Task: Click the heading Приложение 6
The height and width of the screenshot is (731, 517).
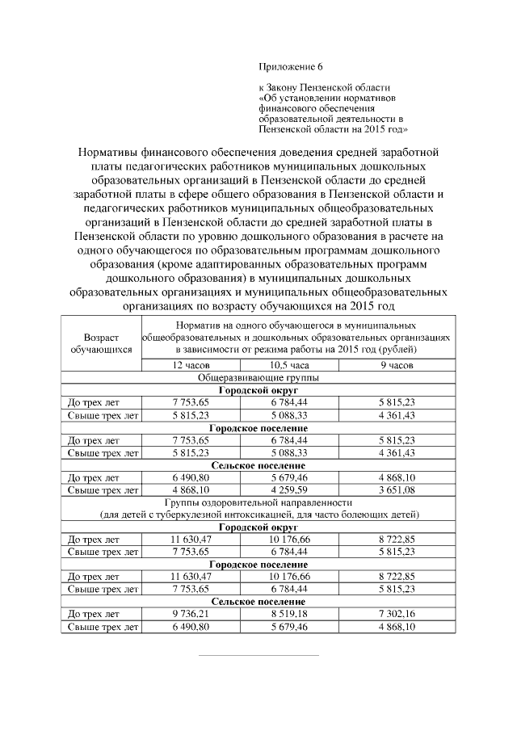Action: click(290, 66)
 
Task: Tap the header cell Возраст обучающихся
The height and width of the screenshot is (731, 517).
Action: click(101, 344)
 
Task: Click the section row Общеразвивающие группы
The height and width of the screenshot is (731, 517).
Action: click(257, 377)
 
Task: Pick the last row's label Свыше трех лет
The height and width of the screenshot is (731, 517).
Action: click(102, 626)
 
